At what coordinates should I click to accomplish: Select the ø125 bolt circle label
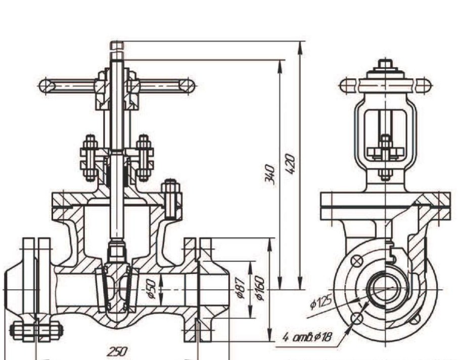click(x=321, y=303)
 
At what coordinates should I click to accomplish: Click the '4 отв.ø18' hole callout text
click(x=307, y=337)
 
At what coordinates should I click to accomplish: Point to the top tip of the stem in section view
click(x=117, y=44)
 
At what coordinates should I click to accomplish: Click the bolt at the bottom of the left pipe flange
click(x=36, y=331)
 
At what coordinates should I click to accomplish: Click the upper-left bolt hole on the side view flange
click(x=357, y=261)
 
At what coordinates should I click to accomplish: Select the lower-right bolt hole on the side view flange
click(x=415, y=319)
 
